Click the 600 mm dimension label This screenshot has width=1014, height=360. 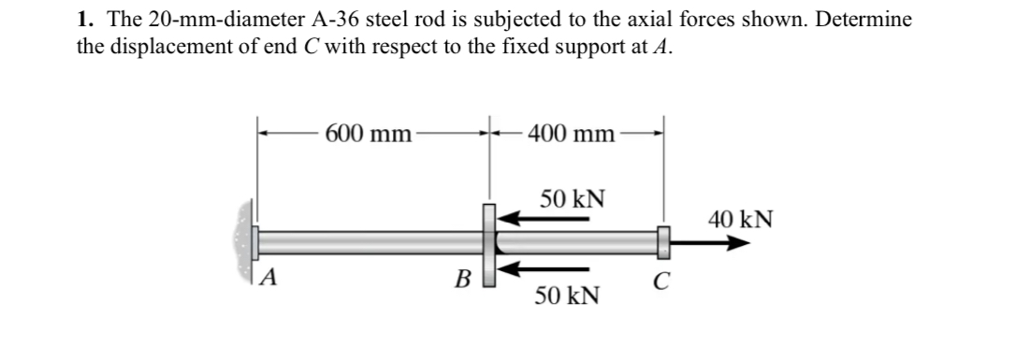[369, 134]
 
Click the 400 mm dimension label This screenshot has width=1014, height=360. [571, 134]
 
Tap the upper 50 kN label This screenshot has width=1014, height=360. [572, 199]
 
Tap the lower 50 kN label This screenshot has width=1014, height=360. [567, 296]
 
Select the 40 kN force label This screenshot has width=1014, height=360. [741, 220]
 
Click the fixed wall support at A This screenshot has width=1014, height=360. [245, 242]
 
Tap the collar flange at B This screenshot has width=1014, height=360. [489, 243]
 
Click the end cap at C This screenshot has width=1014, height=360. [662, 243]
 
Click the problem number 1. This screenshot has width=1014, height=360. [82, 20]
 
